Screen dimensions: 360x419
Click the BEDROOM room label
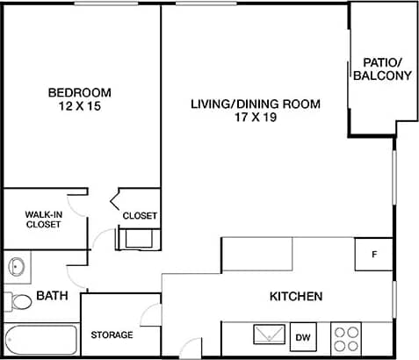tap(80, 92)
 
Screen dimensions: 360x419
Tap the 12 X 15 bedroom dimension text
tap(80, 106)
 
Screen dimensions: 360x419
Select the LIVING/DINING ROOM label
tap(256, 104)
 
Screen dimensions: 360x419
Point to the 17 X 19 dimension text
tap(256, 118)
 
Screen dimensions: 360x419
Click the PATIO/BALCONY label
tap(382, 69)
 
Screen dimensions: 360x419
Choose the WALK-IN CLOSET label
tap(43, 219)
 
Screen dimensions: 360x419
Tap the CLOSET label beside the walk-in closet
tap(140, 215)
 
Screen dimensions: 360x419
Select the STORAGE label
tap(112, 335)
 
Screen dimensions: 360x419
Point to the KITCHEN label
tap(296, 296)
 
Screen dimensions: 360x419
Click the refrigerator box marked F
tap(374, 255)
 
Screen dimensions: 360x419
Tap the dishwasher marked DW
tap(304, 336)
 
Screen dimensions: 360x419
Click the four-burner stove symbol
tap(347, 336)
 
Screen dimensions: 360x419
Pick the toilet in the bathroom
tap(18, 301)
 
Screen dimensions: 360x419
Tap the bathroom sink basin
tap(15, 266)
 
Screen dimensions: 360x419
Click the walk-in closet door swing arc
tap(77, 205)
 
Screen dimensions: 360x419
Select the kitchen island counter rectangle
tap(256, 253)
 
